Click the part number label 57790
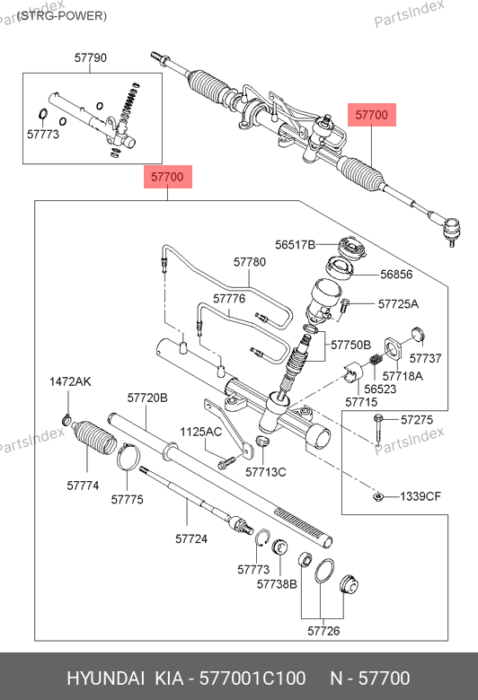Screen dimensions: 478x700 [91, 57]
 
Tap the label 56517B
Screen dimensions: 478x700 [295, 245]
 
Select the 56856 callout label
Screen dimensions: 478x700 [396, 274]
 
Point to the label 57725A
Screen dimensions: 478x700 [398, 304]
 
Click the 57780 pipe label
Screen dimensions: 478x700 [250, 262]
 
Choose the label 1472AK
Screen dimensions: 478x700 [70, 381]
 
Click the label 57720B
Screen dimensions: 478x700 [147, 398]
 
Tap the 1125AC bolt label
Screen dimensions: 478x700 [200, 432]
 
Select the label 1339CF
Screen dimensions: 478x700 [420, 496]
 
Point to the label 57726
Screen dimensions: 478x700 [323, 631]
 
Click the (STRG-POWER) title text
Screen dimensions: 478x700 [62, 16]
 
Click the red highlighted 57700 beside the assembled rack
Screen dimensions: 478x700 [372, 115]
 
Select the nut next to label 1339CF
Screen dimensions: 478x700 [378, 496]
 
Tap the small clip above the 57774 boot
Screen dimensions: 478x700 [66, 420]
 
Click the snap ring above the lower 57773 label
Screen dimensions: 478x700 [263, 537]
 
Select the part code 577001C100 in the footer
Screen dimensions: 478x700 [252, 678]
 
